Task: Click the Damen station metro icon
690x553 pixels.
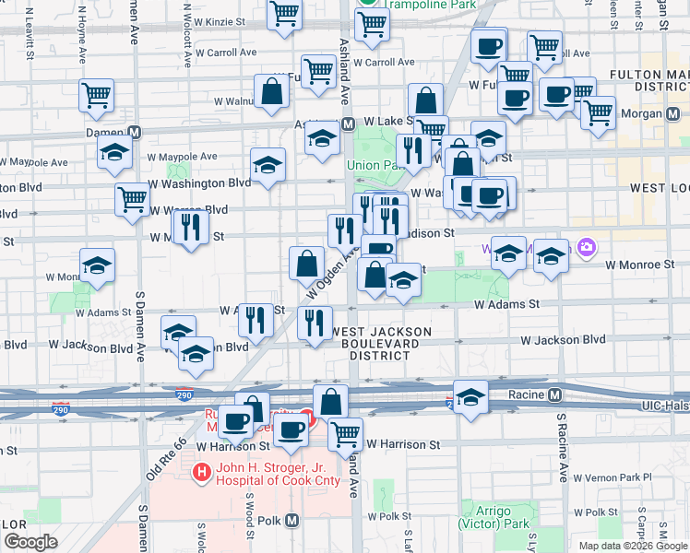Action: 134,133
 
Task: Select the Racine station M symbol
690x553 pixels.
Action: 554,395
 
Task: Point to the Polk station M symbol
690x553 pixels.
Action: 292,520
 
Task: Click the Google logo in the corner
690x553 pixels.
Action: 30,542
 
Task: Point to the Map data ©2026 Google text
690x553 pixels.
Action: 633,546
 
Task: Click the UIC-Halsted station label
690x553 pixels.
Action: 664,406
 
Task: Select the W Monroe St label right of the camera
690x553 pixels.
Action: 640,265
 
